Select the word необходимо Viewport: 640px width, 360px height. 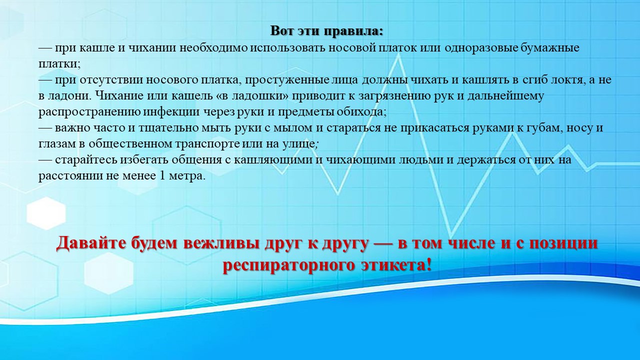(x=213, y=47)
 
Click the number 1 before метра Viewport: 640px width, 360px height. (x=162, y=175)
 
